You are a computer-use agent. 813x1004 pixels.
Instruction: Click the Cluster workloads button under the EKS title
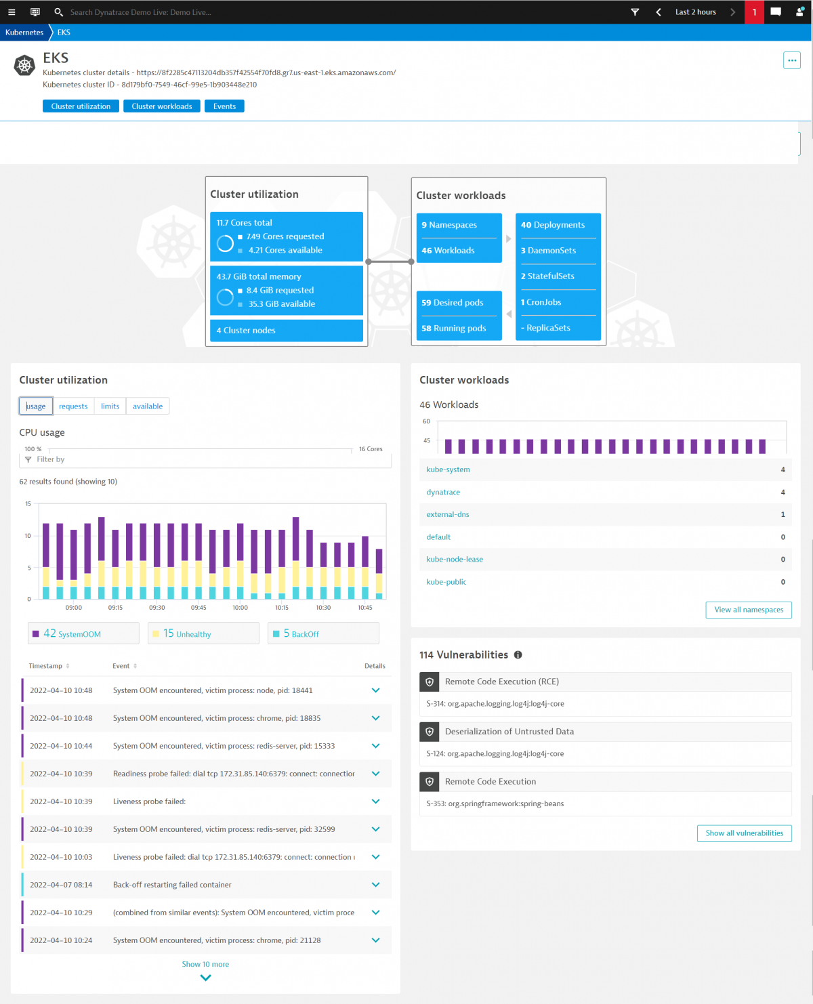coord(161,106)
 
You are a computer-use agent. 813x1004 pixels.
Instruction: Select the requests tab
coord(73,406)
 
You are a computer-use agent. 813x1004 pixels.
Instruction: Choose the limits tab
coord(110,406)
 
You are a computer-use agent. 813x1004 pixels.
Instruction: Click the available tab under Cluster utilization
coord(148,406)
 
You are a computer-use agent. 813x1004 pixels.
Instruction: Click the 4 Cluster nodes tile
coord(286,331)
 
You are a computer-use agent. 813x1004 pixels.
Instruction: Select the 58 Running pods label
coord(454,329)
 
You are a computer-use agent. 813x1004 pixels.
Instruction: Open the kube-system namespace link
coord(448,469)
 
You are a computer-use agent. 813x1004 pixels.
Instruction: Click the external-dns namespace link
coord(447,514)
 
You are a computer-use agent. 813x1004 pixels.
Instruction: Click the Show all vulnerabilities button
coord(744,833)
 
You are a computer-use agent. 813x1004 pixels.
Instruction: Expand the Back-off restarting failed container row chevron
coord(375,885)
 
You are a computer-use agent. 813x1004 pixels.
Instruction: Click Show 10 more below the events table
coord(205,965)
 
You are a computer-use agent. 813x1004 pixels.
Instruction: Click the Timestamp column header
coord(45,666)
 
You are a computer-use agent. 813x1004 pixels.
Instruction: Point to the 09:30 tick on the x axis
coord(157,608)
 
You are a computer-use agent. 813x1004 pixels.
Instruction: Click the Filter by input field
coord(203,459)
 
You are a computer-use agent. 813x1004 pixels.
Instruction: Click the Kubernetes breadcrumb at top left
coord(24,33)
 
